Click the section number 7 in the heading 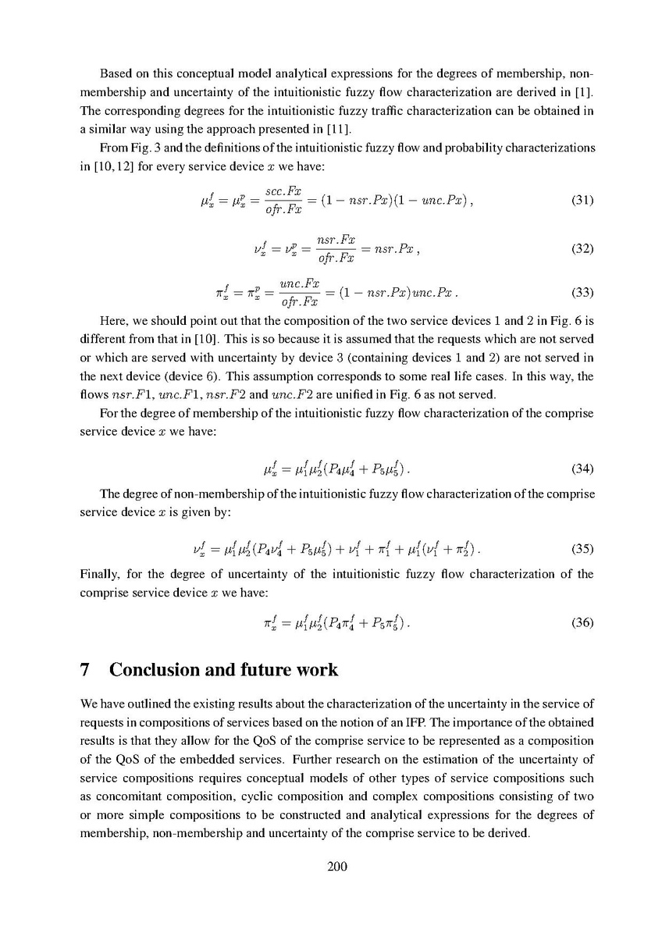[x=87, y=671]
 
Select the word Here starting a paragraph [x=112, y=320]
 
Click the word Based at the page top [x=116, y=74]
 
